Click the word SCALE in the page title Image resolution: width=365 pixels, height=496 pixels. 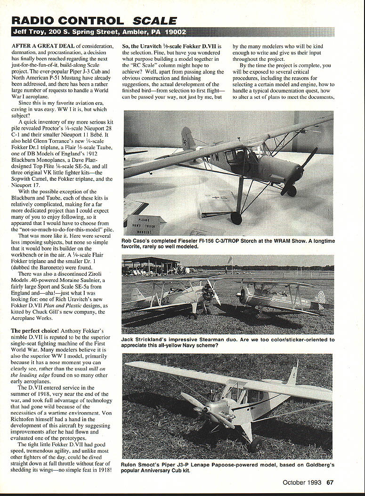[155, 21]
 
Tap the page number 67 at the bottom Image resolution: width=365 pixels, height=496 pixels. [330, 482]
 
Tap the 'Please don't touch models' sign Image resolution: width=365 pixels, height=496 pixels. [145, 224]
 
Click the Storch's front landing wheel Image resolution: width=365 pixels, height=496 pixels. [236, 218]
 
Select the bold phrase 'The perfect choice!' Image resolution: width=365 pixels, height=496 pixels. [32, 331]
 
